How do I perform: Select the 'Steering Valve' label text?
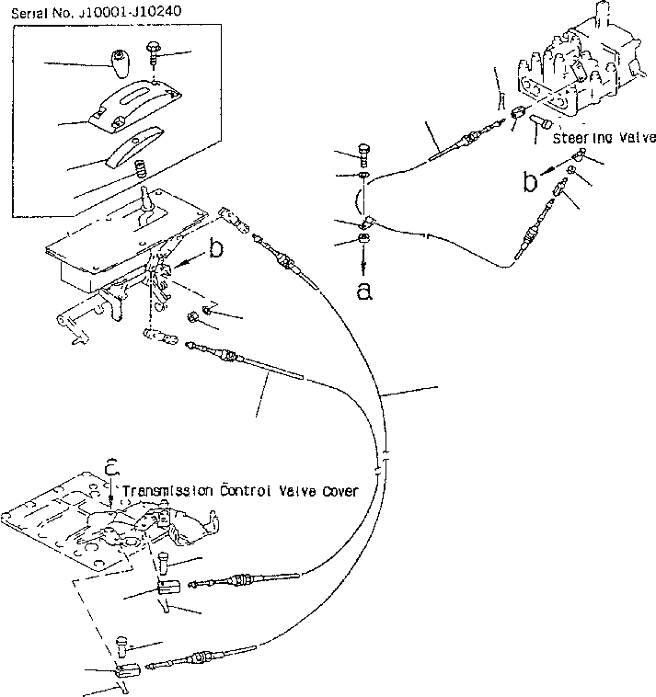click(x=604, y=138)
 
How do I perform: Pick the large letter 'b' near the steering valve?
click(x=531, y=181)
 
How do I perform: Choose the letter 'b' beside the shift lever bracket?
click(x=215, y=249)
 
